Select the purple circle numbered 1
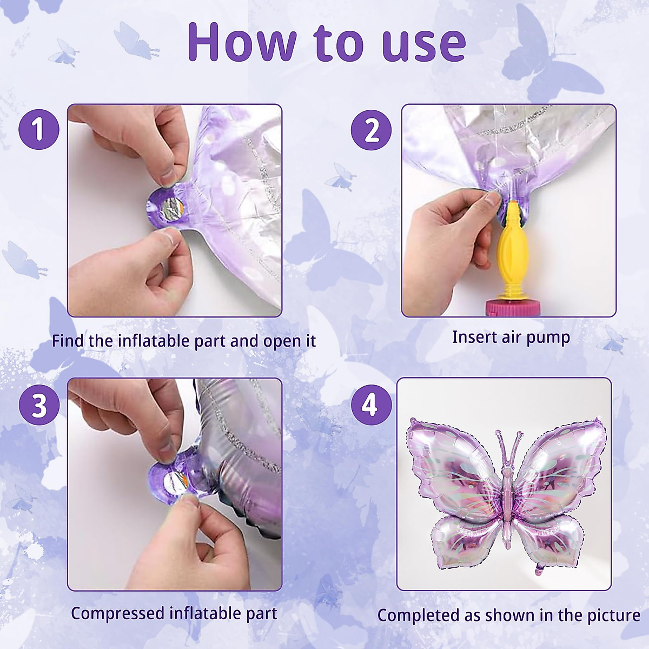[x=38, y=130]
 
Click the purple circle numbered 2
[x=371, y=130]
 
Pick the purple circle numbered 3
[x=38, y=405]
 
